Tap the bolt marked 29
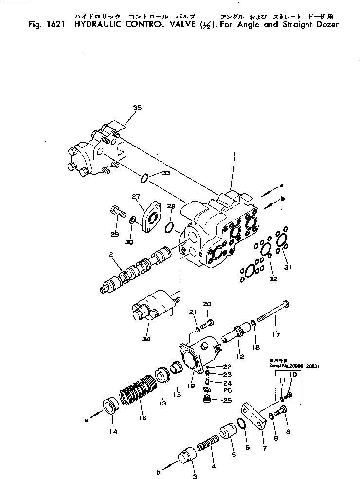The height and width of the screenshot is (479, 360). (117, 212)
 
